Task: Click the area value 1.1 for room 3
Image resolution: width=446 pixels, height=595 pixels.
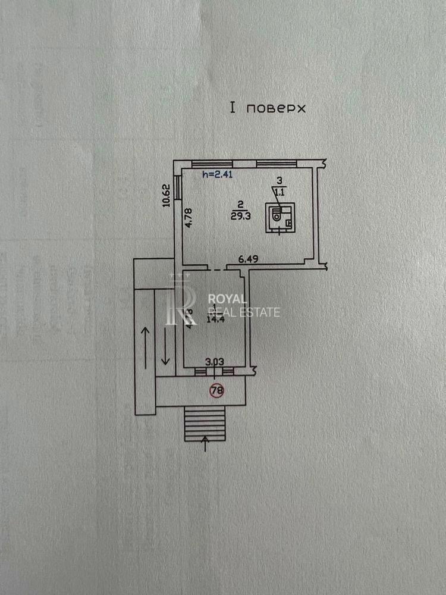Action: pyautogui.click(x=279, y=192)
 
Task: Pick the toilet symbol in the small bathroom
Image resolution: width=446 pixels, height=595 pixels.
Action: pyautogui.click(x=276, y=217)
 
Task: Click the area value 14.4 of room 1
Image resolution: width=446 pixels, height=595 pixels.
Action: pyautogui.click(x=213, y=319)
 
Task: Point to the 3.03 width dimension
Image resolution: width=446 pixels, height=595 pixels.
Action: pyautogui.click(x=214, y=361)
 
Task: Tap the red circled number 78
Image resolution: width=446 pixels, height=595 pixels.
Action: pyautogui.click(x=217, y=391)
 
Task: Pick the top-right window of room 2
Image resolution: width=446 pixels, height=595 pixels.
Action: pyautogui.click(x=276, y=163)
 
